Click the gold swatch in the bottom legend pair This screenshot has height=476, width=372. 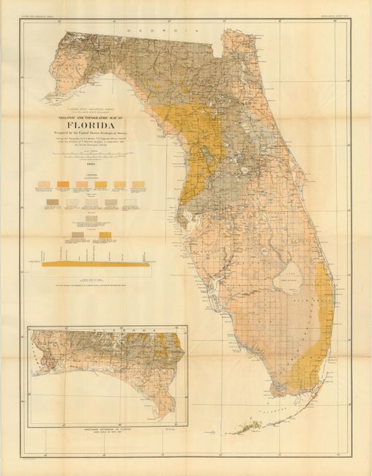[x=105, y=234]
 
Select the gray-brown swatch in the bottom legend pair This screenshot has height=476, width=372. [x=76, y=234]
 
